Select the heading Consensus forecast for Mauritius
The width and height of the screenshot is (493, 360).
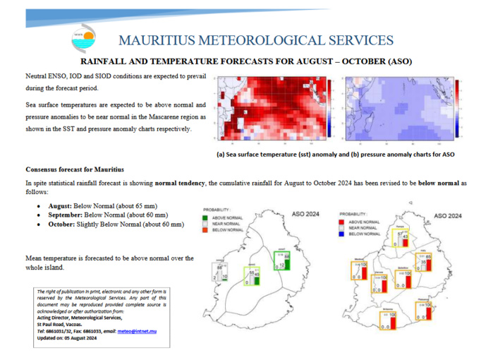pos(74,169)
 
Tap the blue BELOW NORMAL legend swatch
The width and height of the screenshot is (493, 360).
pos(343,234)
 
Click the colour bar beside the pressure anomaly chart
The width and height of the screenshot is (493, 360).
pos(457,107)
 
